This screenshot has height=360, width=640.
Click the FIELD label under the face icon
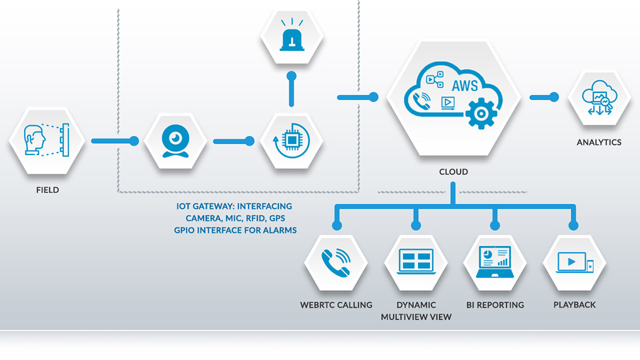tap(47, 190)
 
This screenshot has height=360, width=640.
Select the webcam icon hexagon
tap(175, 140)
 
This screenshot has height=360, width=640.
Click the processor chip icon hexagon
tap(291, 140)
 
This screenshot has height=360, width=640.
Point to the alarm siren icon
tap(291, 35)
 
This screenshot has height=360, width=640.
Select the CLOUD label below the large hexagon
tap(453, 172)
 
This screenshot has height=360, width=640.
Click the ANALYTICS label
tap(599, 142)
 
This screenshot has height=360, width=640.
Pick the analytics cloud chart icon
tap(599, 98)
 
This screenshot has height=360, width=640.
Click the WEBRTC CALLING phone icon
tap(336, 262)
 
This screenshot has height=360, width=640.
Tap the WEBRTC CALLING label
tap(336, 305)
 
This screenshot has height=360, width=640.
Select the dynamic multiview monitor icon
tap(416, 262)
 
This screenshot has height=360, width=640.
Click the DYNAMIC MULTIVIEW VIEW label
tap(416, 310)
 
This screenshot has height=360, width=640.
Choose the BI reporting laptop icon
tap(495, 262)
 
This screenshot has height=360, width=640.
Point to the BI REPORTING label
tap(495, 305)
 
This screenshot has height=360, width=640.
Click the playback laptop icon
tap(574, 262)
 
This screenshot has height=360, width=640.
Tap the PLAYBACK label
tap(574, 305)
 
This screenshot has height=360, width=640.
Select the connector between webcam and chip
tap(231, 141)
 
